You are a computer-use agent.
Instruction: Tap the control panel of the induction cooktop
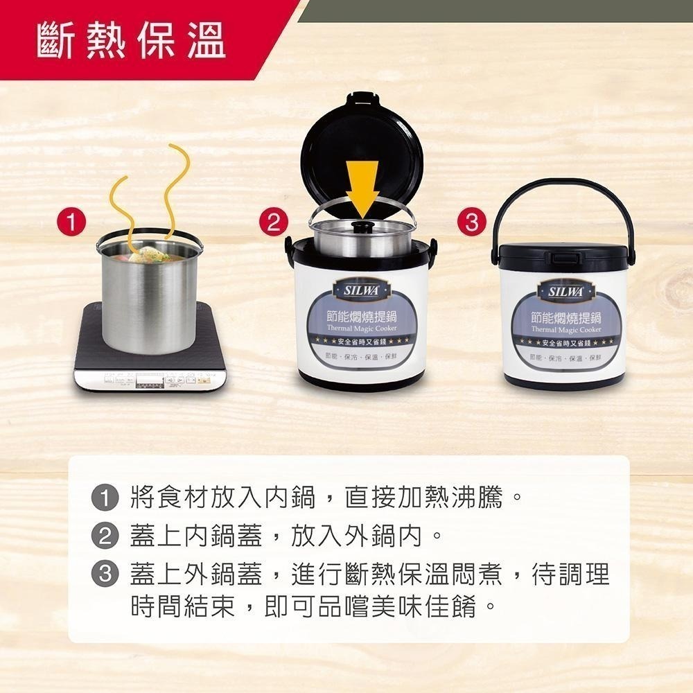(149, 382)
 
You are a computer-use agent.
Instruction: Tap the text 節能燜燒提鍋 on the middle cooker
(358, 317)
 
